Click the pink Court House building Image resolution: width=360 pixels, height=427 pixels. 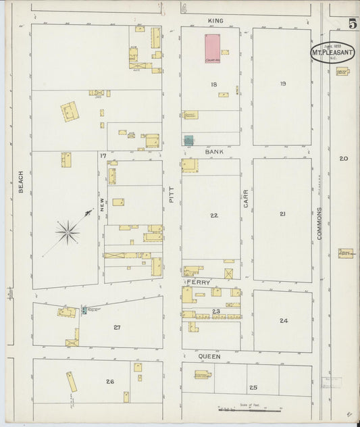pos(213,49)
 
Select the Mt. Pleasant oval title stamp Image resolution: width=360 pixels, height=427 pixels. pos(331,53)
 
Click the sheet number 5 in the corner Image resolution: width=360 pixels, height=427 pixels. pos(352,24)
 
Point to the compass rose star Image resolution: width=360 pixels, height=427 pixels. pos(67,232)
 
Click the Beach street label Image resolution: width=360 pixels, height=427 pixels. pos(21,181)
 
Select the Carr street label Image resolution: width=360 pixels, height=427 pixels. pos(246,197)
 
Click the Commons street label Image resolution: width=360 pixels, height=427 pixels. pos(319,224)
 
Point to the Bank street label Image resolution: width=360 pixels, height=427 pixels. pos(214,153)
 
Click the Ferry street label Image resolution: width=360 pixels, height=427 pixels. pos(199,282)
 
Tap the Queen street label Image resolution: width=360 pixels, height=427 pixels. pos(209,355)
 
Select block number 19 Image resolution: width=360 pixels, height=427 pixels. pos(282,84)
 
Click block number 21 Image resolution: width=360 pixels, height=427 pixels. pos(282,214)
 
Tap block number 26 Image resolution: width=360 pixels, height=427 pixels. pos(109,381)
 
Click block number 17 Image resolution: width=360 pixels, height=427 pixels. pos(103,156)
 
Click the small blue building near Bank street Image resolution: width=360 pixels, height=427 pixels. pos(188,140)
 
